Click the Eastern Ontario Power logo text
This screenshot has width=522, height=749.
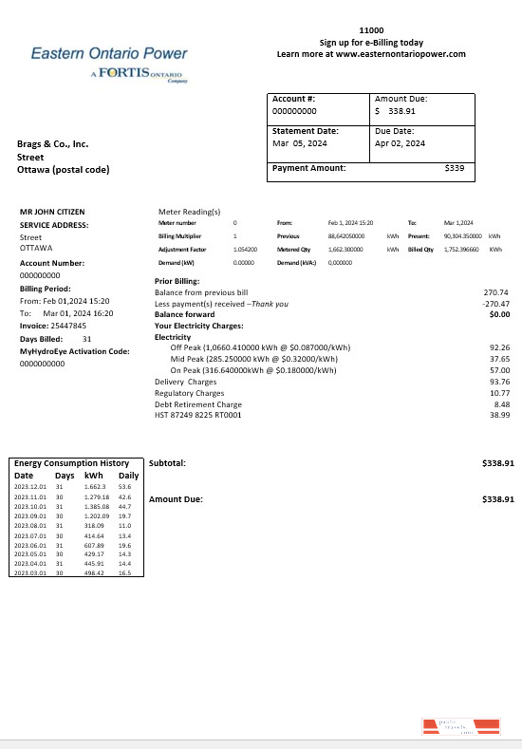pyautogui.click(x=109, y=54)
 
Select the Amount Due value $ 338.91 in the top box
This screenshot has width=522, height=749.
pyautogui.click(x=395, y=111)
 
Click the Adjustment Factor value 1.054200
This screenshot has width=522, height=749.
pyautogui.click(x=245, y=248)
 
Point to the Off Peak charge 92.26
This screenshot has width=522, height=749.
pyautogui.click(x=499, y=348)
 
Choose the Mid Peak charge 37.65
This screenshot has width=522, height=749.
pyautogui.click(x=499, y=360)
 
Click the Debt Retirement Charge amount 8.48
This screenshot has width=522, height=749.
pyautogui.click(x=502, y=403)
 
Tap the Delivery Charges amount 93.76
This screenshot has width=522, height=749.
pyautogui.click(x=499, y=382)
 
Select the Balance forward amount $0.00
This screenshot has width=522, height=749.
pyautogui.click(x=499, y=314)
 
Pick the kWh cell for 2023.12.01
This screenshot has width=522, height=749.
pyautogui.click(x=94, y=486)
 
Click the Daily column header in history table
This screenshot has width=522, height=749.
pyautogui.click(x=128, y=475)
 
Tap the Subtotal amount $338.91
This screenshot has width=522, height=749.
pyautogui.click(x=497, y=463)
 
